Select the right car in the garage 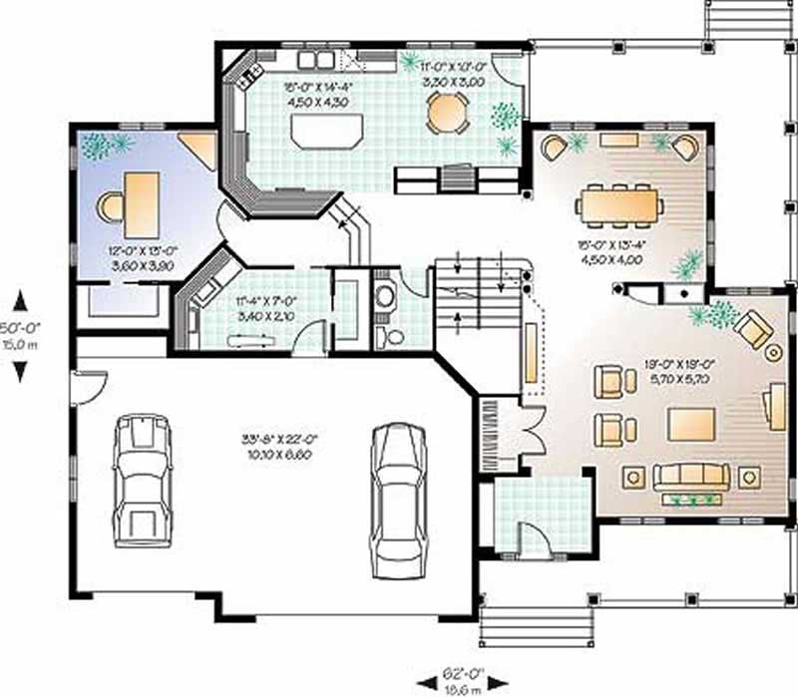pos(398,500)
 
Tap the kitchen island pos(325,131)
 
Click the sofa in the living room pos(687,477)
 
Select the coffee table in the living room pos(692,423)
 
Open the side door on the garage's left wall pos(87,384)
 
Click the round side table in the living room pos(772,353)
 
